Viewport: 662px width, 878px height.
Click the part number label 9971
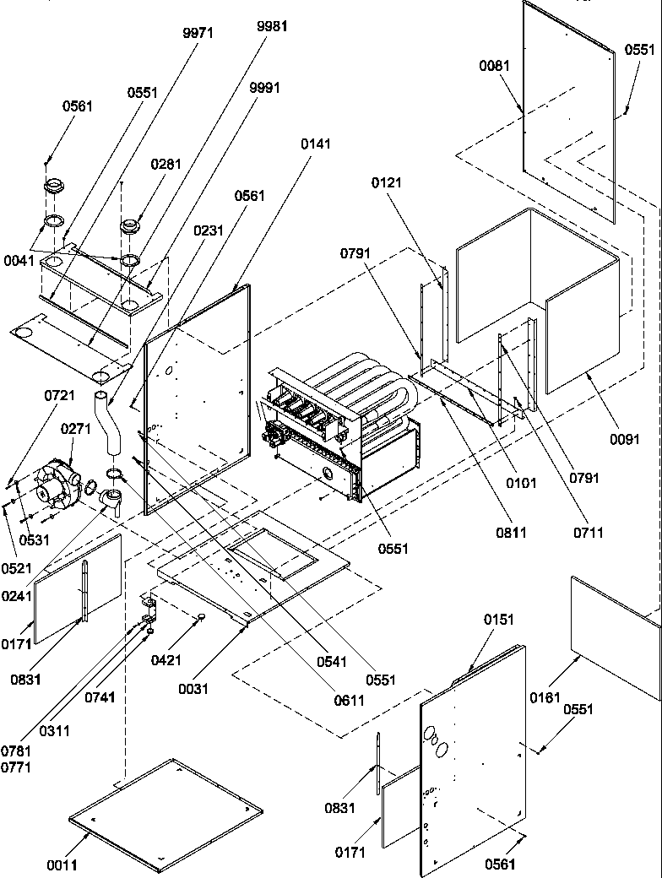click(198, 33)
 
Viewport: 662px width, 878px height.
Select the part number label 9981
click(272, 26)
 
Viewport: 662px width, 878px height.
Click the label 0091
click(624, 438)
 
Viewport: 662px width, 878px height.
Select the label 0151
click(498, 643)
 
